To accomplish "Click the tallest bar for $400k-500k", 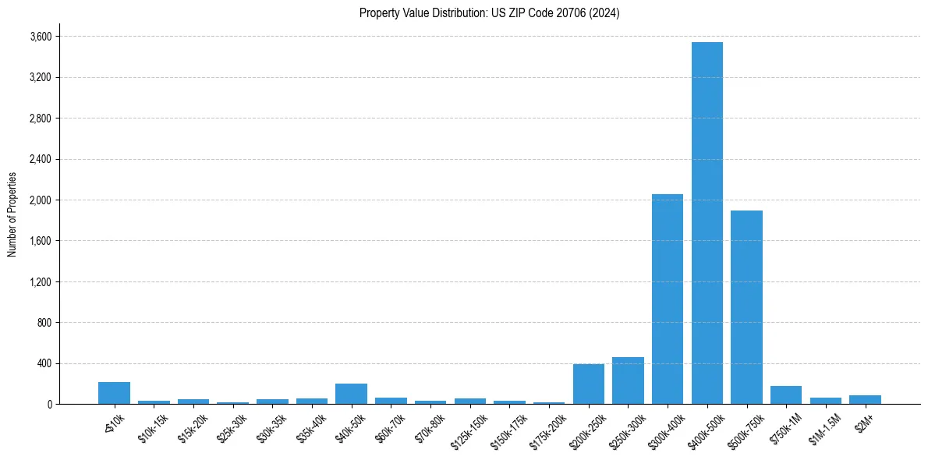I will click(x=707, y=223).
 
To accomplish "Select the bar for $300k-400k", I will click(x=668, y=299).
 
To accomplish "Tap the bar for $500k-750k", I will click(x=746, y=307).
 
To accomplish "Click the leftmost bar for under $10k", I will click(x=114, y=393).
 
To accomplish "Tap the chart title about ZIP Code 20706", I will click(x=489, y=12).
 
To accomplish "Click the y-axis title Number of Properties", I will click(x=12, y=214).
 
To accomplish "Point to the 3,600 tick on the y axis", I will click(x=41, y=37).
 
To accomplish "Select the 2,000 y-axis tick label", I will click(x=41, y=200).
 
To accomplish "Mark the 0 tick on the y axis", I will click(x=49, y=405).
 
